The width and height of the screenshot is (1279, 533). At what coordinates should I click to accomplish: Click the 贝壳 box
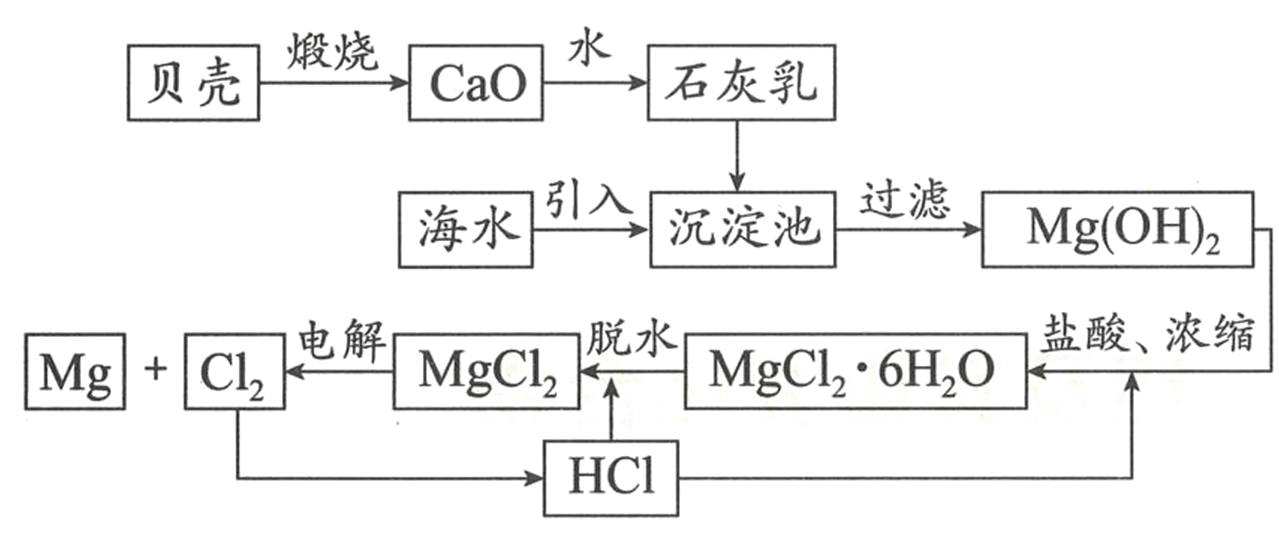(193, 83)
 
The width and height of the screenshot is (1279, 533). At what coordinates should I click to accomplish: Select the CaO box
(475, 83)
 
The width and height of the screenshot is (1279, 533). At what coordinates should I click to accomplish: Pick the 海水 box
(465, 230)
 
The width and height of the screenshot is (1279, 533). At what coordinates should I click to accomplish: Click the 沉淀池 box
(742, 230)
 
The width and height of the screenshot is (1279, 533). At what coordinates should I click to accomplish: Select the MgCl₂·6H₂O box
(855, 371)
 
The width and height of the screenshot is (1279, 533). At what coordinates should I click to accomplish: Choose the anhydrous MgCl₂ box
(486, 371)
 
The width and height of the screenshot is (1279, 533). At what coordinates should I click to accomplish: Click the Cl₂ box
(234, 371)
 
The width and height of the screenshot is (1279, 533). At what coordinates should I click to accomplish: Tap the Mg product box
(75, 371)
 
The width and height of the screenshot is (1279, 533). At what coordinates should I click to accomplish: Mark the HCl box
(611, 478)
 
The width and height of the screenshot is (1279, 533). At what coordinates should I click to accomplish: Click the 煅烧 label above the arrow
(332, 52)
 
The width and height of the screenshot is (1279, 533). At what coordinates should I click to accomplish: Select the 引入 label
(588, 199)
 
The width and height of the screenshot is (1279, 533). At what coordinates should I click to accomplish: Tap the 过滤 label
(904, 199)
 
